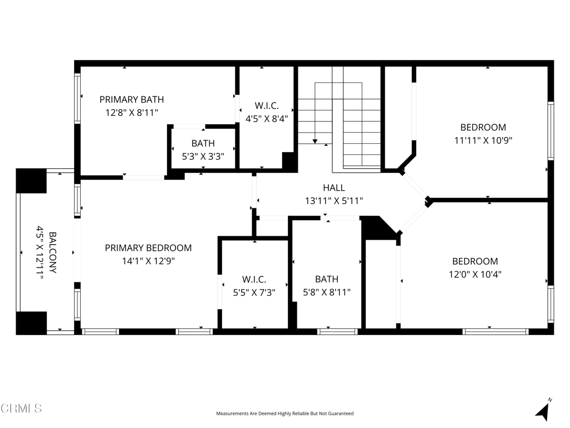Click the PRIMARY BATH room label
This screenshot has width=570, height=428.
(131, 99)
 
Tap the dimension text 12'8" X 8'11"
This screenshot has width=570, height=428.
(131, 113)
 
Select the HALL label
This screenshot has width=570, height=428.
(334, 188)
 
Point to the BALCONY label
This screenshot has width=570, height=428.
(53, 252)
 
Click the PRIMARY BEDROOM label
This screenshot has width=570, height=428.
(148, 248)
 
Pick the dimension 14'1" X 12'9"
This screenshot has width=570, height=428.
(148, 261)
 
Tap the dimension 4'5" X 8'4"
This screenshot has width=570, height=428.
(267, 119)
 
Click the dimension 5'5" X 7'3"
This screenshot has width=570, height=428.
(254, 293)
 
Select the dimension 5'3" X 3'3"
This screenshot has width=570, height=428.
(203, 157)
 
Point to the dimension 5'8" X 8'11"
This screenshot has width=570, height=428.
(327, 292)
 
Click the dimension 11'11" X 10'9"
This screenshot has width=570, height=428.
(483, 140)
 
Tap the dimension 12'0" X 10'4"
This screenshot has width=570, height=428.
(475, 274)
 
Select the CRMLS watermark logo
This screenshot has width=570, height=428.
(21, 408)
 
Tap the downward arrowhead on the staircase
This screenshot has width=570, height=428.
(315, 141)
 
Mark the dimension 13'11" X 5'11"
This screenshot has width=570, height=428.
(334, 201)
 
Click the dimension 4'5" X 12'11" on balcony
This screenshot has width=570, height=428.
(40, 252)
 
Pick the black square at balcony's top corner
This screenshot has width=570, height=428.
(31, 181)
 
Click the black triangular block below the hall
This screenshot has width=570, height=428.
(379, 228)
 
